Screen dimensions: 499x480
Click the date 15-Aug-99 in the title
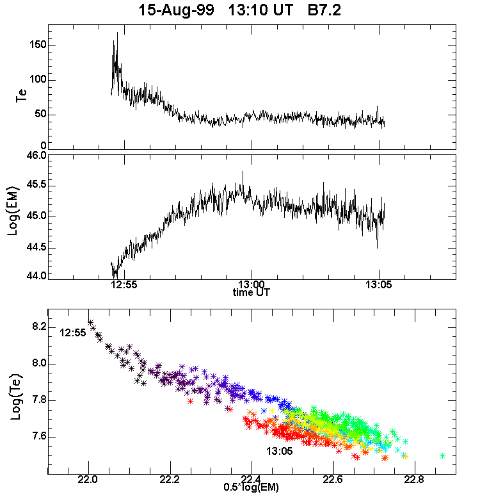point(168,10)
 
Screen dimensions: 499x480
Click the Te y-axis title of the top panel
point(20,97)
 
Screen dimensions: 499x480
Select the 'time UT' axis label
point(252,292)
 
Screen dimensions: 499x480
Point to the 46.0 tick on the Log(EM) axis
point(34,156)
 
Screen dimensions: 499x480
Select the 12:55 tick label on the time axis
point(122,284)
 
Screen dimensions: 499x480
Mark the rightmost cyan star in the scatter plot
point(443,455)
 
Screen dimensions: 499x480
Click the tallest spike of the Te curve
point(117,34)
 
